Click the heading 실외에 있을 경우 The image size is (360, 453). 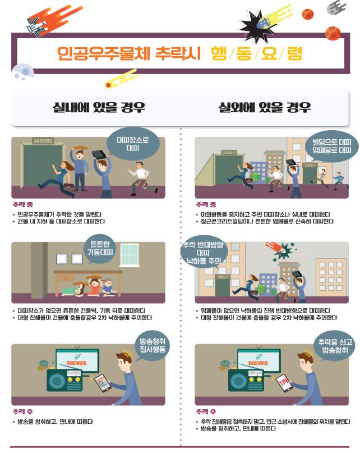click(x=265, y=107)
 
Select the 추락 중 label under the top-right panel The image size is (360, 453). click(x=205, y=205)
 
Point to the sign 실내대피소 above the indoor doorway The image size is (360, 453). click(x=43, y=141)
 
